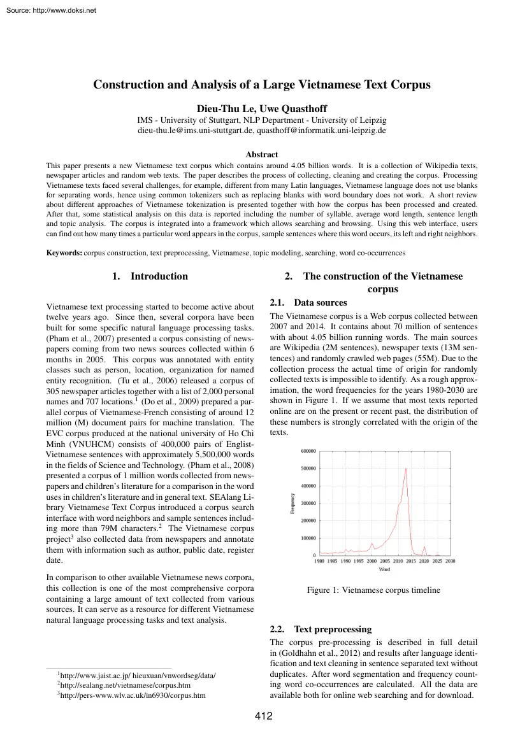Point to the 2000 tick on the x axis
[x=372, y=561]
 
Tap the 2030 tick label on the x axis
[x=450, y=561]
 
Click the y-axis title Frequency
[x=292, y=504]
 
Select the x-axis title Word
[x=384, y=569]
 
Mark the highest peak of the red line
[x=406, y=469]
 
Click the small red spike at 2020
[x=424, y=546]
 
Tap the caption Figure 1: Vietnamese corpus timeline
[x=373, y=590]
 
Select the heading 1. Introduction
[x=150, y=276]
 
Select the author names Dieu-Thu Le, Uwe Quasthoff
[x=263, y=107]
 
